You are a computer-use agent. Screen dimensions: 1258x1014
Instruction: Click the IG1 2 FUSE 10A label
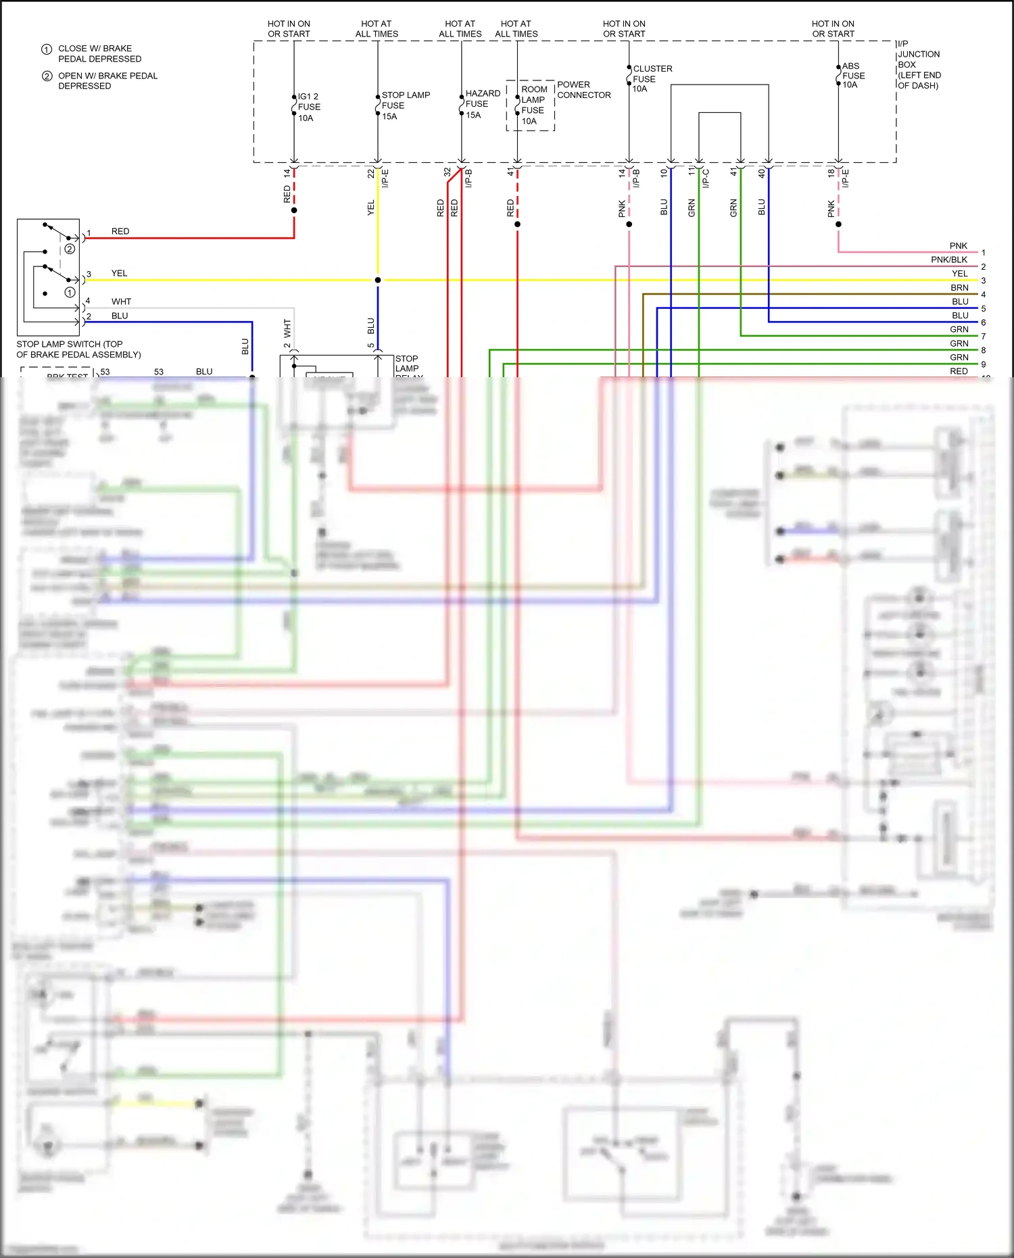tap(309, 107)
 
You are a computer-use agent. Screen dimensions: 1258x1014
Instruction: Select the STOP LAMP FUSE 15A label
tap(405, 105)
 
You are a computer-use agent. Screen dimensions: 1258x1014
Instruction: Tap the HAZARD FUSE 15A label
tap(482, 104)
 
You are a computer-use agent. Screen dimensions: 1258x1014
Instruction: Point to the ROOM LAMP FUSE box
tap(531, 105)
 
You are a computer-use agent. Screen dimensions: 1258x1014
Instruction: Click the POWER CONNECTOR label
tap(583, 90)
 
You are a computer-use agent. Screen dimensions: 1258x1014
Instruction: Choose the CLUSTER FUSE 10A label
tap(652, 78)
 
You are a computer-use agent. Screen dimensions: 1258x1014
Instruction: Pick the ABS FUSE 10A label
tap(852, 76)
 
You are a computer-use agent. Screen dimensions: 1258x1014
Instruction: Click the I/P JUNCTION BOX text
tap(918, 64)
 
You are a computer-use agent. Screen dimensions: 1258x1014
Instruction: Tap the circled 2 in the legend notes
tap(47, 76)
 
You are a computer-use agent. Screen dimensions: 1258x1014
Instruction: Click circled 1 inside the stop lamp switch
tap(70, 293)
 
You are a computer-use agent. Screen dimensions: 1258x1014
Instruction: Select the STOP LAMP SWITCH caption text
tap(78, 349)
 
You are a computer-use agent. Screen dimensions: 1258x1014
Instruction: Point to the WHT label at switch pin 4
tap(121, 301)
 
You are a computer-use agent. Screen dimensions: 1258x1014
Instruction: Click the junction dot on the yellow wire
tap(378, 280)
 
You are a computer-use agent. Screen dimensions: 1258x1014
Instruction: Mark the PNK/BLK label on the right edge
tap(948, 260)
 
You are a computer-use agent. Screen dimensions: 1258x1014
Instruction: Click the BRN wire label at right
tap(959, 287)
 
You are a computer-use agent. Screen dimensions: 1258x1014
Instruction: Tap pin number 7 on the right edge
tap(983, 336)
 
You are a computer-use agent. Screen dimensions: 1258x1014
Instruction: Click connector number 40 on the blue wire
tap(761, 173)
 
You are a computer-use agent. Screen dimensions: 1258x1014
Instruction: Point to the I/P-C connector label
tap(706, 178)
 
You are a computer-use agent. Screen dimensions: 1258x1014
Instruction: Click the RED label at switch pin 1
tap(120, 231)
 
